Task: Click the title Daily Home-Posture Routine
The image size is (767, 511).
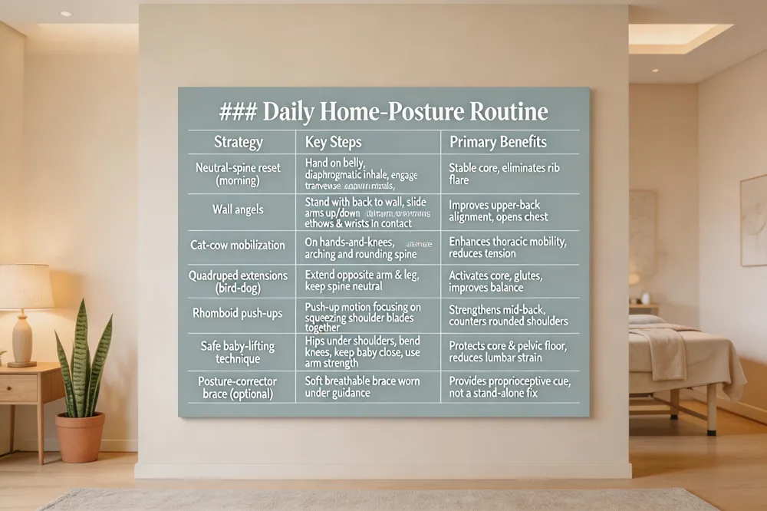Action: coord(383,112)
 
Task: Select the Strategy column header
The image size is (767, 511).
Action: coord(238,142)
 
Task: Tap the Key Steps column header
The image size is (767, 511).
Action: coord(333,142)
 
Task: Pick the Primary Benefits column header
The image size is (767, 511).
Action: coord(498,142)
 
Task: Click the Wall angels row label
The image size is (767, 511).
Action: coord(238,209)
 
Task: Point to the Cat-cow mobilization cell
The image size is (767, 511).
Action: coord(238,245)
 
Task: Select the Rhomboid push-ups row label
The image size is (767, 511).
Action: coord(238,312)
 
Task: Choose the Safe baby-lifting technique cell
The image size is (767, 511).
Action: coord(238,353)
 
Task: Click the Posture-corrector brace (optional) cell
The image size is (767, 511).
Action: coord(238,387)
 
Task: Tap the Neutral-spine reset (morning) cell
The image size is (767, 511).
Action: coord(238,173)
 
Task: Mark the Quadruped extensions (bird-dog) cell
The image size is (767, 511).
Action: coord(238,281)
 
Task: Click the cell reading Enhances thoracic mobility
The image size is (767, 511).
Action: coord(508,247)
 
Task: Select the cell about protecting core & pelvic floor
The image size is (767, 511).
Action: coord(508,352)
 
